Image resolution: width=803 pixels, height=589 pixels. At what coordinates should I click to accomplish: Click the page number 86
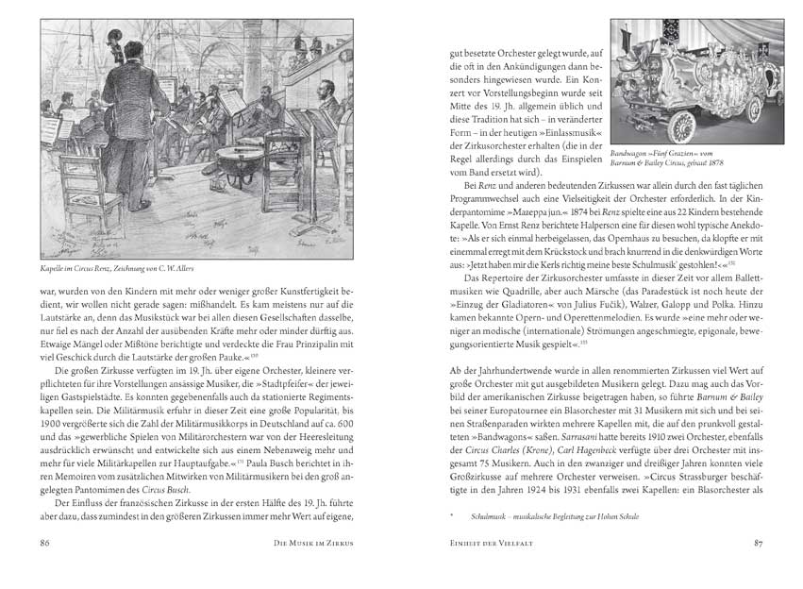pos(44,543)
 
